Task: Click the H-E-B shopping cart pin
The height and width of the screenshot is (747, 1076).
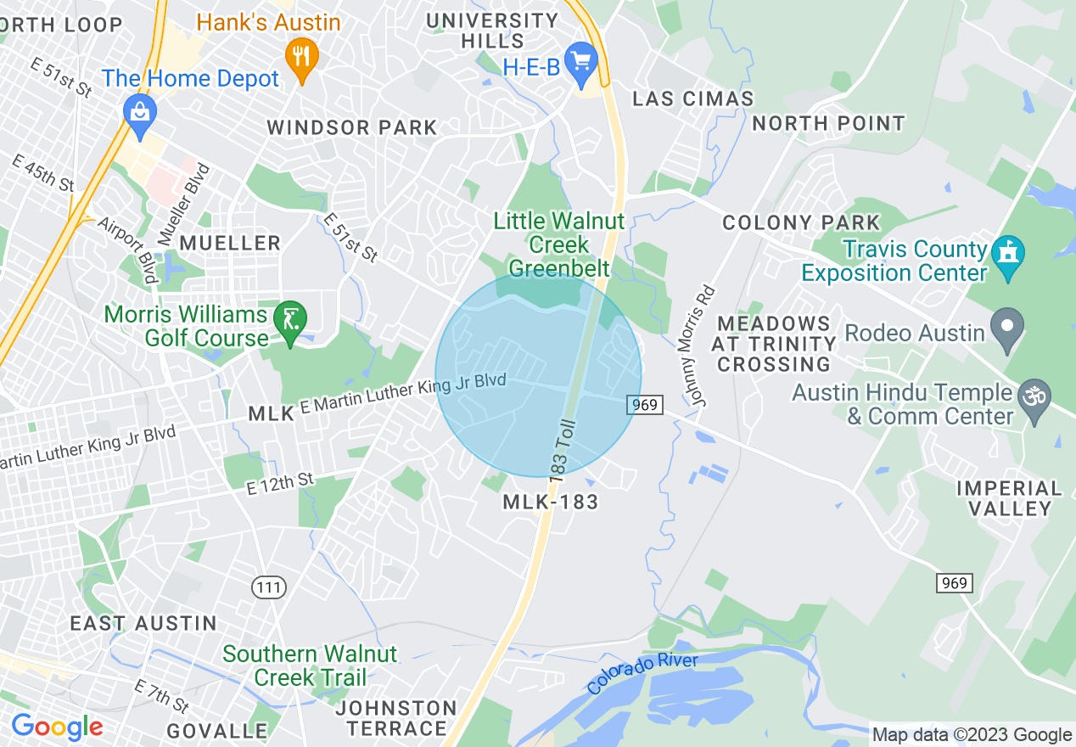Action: (581, 62)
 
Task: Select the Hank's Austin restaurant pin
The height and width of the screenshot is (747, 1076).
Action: (301, 56)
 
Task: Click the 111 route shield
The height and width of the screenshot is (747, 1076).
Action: (270, 586)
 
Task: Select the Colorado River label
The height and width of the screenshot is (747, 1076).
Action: (642, 673)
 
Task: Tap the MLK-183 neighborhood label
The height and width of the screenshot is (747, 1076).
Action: (551, 502)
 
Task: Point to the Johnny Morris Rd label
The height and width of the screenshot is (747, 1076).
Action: (698, 345)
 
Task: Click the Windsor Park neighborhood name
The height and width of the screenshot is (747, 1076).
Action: (352, 128)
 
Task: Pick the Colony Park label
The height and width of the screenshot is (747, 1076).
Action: (801, 223)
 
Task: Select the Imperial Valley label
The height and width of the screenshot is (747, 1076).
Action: (1009, 498)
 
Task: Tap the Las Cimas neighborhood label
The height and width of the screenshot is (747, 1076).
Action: (693, 98)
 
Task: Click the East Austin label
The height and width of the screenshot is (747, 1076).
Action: (143, 623)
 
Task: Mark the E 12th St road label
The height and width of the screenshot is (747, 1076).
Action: (280, 485)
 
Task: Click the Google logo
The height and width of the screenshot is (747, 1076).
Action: (57, 727)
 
